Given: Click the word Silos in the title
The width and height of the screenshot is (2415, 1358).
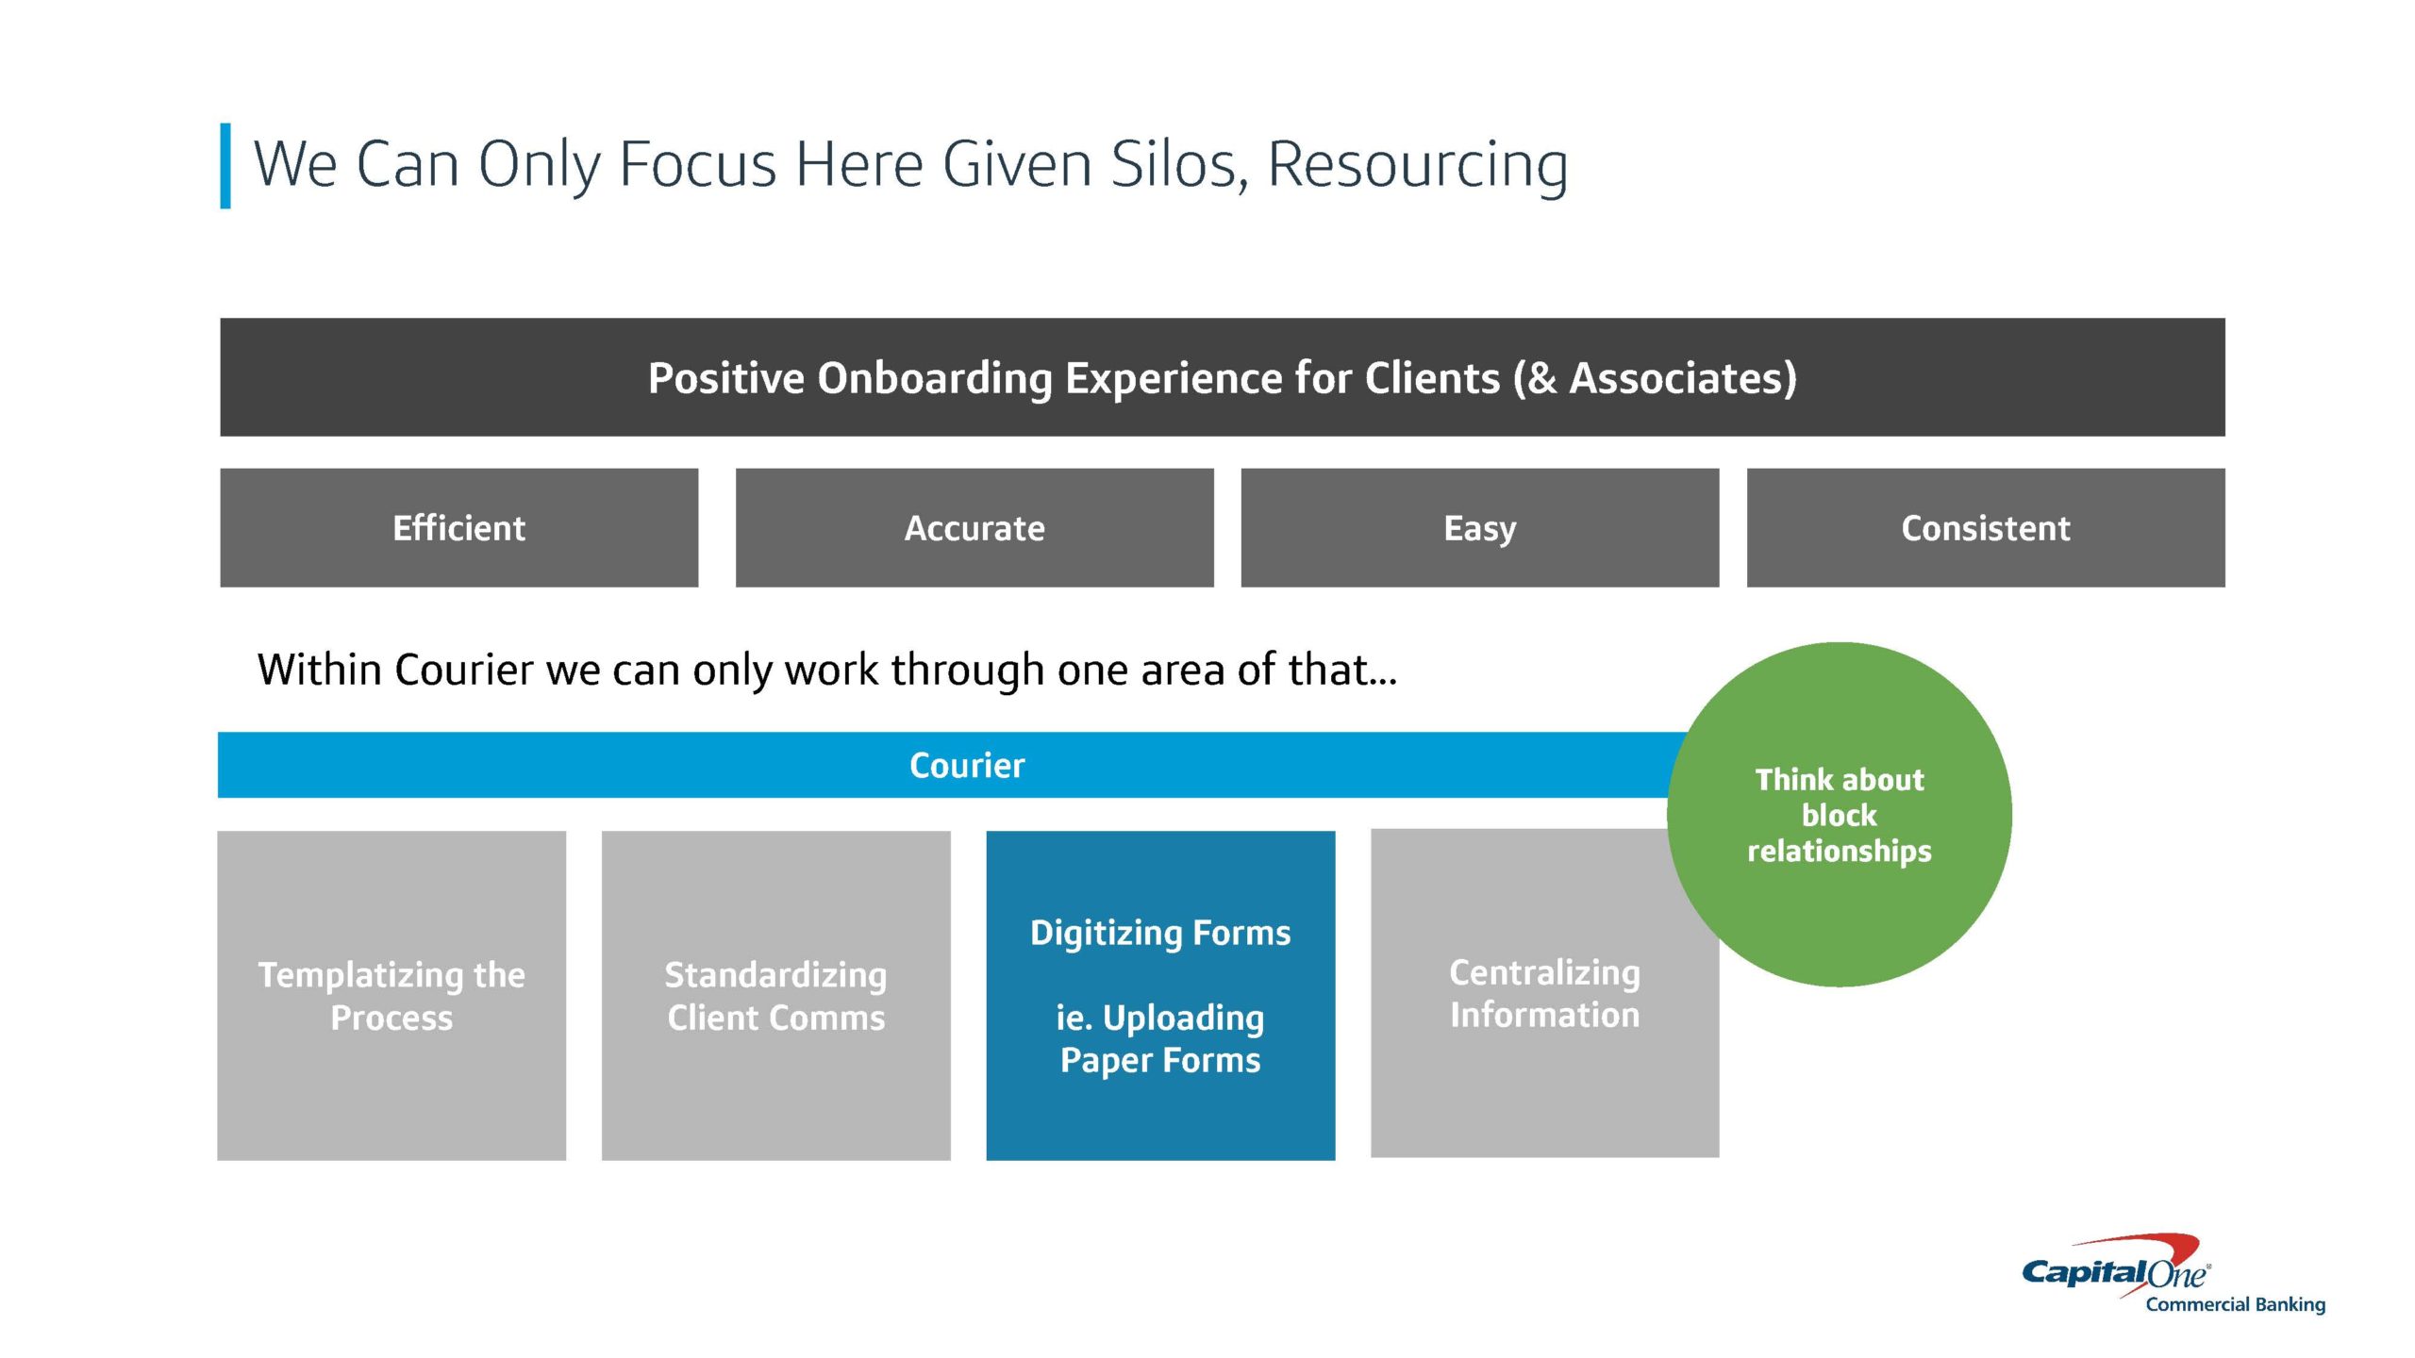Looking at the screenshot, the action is (1180, 164).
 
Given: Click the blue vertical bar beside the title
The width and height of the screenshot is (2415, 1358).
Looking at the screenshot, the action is (225, 165).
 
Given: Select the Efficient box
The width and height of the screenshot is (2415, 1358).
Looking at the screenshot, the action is (459, 528).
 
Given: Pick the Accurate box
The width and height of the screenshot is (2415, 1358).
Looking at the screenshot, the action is (974, 528).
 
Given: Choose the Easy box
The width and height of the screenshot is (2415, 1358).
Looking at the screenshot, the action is (1480, 528).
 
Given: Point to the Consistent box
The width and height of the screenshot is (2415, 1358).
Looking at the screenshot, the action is (1986, 528).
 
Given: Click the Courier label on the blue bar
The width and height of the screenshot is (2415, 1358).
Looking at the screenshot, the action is (967, 765).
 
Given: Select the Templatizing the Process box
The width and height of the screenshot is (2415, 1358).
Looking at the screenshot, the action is (391, 996).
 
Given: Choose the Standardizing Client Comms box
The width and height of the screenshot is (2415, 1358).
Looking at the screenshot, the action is (776, 996).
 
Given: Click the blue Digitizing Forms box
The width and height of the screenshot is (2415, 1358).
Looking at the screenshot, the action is (1160, 996).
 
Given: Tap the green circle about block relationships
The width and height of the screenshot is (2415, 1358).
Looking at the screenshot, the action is (1840, 815).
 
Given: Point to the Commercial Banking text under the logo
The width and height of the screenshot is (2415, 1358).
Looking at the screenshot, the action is (2236, 1305).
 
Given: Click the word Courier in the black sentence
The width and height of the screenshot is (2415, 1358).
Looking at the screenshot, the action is (464, 670).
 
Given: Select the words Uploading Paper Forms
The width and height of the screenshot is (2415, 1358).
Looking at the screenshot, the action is (1160, 1039).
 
